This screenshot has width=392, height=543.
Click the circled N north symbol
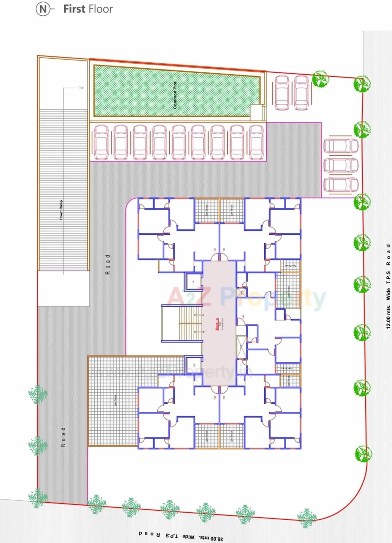[x=43, y=9]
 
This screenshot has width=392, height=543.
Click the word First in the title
[x=74, y=9]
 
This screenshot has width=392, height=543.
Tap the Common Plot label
[x=175, y=95]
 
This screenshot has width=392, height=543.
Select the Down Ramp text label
[x=61, y=210]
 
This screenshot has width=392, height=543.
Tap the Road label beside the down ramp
[x=108, y=264]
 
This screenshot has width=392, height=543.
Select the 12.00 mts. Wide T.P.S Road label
[x=388, y=286]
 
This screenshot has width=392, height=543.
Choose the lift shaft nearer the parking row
[x=193, y=282]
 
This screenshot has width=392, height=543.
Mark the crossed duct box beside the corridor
[x=241, y=346]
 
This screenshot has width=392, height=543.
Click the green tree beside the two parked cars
[x=320, y=79]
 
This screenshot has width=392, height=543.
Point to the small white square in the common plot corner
[x=256, y=112]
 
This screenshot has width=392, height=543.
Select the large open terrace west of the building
[x=115, y=400]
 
